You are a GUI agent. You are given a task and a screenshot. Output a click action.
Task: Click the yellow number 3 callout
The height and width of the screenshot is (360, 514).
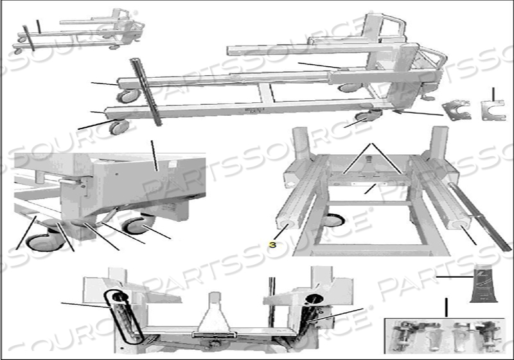pyautogui.click(x=272, y=244)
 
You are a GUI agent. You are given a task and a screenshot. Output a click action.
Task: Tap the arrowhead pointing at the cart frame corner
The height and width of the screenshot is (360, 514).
pyautogui.click(x=394, y=111)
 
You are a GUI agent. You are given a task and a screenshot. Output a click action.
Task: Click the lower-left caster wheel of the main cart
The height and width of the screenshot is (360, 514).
pyautogui.click(x=120, y=127)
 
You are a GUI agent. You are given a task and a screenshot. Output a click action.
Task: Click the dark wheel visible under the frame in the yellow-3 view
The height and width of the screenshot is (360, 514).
pyautogui.click(x=334, y=221)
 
